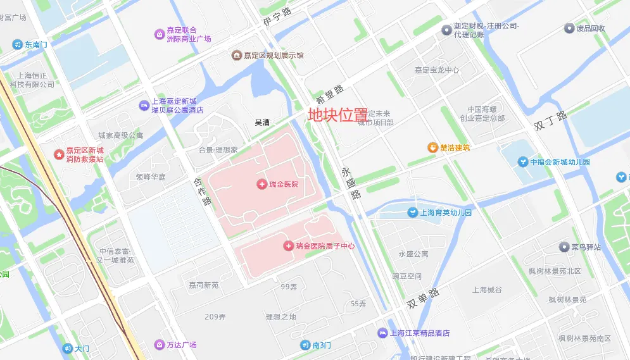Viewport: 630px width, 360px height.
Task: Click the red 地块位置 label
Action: point(337,115)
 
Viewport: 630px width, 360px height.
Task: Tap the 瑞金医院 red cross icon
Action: point(261,184)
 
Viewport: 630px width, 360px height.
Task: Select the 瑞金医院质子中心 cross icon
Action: point(289,245)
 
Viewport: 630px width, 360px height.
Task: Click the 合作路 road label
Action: point(201,192)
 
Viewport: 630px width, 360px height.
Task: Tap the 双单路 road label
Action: point(423,299)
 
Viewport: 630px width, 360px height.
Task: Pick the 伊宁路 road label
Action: point(277,20)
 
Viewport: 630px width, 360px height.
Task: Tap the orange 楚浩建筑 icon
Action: point(433,147)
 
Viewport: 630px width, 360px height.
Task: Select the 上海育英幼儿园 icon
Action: point(412,213)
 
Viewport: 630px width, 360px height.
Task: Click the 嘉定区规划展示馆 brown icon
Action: point(236,56)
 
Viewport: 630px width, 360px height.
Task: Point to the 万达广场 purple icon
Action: point(159,345)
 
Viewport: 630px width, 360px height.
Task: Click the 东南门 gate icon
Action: point(17,45)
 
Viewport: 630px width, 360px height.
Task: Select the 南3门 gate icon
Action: point(305,345)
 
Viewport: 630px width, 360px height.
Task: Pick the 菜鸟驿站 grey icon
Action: point(563,247)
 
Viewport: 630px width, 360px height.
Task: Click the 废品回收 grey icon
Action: point(569,28)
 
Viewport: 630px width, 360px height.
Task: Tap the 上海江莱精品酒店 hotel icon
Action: point(382,333)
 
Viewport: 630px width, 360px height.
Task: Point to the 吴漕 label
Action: point(262,123)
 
